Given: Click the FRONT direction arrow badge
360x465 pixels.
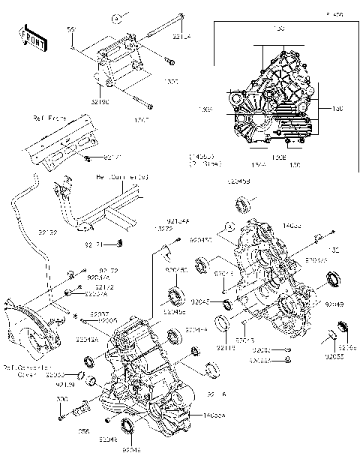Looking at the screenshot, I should (x=29, y=37).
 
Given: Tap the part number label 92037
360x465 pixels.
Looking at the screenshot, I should (x=100, y=313).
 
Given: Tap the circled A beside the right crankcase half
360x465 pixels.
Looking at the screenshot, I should (x=228, y=224).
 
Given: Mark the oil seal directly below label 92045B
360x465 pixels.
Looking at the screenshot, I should (x=244, y=203).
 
